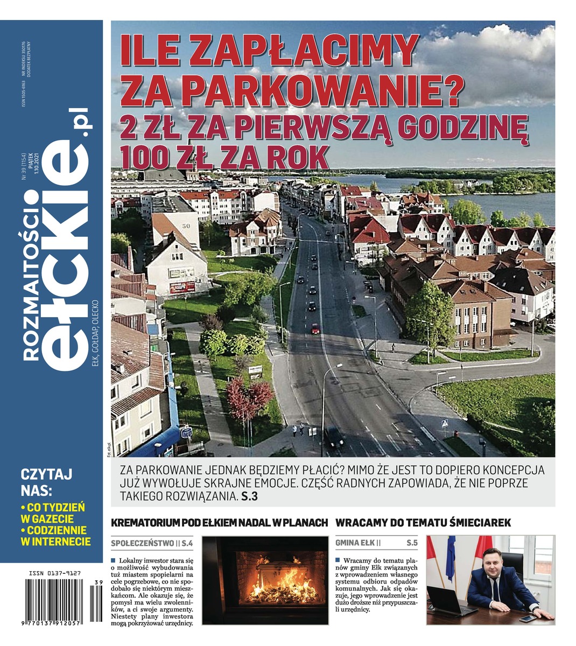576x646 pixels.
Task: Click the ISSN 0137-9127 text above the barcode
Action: [x=53, y=574]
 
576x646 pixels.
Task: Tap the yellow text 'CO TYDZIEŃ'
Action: [x=55, y=508]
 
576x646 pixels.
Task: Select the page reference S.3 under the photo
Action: [x=249, y=496]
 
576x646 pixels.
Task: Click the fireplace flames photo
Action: [x=264, y=580]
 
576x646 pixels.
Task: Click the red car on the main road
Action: [x=315, y=328]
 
